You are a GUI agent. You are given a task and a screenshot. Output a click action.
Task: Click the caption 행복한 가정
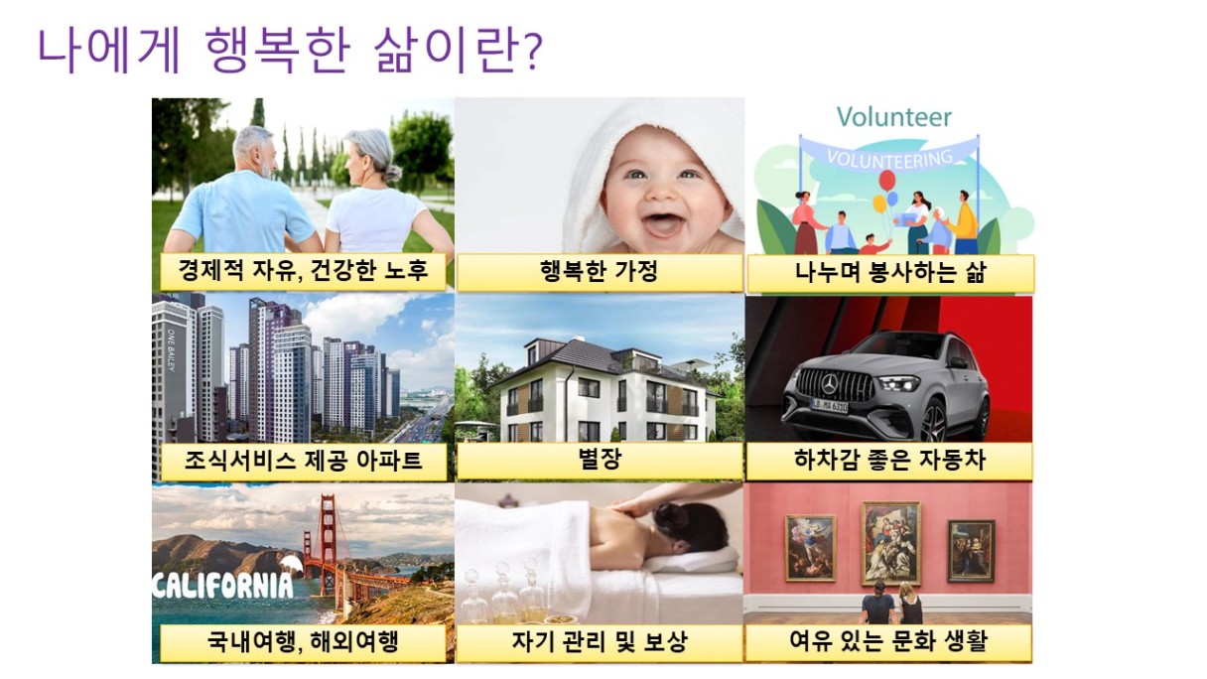[x=599, y=271]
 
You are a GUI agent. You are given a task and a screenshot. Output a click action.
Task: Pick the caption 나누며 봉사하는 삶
[x=890, y=272]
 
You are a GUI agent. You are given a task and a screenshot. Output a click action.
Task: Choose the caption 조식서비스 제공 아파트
[x=304, y=461]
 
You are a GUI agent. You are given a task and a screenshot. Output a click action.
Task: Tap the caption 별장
[x=600, y=459]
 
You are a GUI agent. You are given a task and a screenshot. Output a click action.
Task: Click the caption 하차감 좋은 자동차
[x=889, y=460]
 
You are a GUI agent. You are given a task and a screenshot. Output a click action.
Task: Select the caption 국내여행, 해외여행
[x=303, y=642]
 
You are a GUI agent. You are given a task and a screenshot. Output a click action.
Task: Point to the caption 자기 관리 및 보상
[x=600, y=641]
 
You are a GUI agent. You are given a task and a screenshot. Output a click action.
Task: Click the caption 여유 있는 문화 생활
[x=888, y=640]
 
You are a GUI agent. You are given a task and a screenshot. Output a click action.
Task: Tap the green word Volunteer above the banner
[x=894, y=117]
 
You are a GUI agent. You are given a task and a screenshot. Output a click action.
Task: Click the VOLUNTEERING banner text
[x=889, y=158]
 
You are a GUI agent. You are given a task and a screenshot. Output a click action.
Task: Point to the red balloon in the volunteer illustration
[x=887, y=180]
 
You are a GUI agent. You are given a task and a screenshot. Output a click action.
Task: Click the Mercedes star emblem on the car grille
[x=829, y=384]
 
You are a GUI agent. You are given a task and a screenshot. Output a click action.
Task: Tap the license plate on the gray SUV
[x=829, y=405]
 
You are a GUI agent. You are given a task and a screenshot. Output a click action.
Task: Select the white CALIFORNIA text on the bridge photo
[x=222, y=585]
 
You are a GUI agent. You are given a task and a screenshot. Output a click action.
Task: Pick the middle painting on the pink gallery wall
[x=890, y=543]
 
